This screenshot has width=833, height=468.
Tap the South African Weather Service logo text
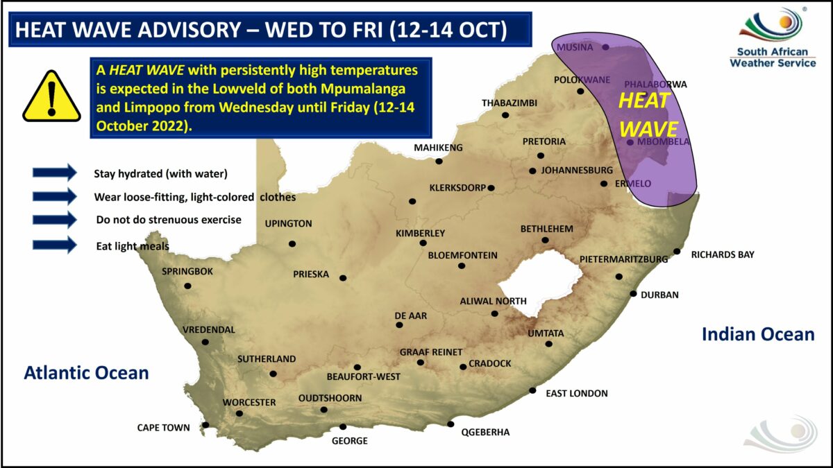point(773,57)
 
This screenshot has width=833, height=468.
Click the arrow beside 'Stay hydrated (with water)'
point(54,173)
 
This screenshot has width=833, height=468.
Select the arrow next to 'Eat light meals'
point(54,245)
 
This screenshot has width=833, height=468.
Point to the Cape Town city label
point(163,428)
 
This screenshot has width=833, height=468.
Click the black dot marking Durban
point(633,294)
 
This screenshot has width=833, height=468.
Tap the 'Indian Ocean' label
point(758,334)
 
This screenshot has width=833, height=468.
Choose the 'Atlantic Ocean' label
point(87,373)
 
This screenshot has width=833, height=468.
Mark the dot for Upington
point(292,243)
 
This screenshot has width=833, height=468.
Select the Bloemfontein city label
point(462,255)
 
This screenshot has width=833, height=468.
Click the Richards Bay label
point(722,254)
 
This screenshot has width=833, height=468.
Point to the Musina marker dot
point(605,47)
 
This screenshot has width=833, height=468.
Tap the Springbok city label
point(187,271)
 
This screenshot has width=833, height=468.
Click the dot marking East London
point(532,390)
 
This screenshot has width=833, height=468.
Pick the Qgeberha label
point(485,432)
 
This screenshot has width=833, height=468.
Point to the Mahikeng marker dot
point(439,162)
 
